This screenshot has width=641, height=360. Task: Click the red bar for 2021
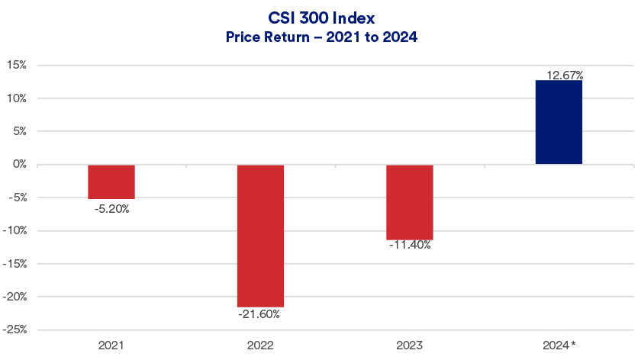pyautogui.click(x=111, y=182)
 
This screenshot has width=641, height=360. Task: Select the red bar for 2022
pyautogui.click(x=260, y=236)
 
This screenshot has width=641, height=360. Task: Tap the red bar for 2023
pyautogui.click(x=410, y=202)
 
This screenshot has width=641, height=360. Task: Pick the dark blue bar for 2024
pyautogui.click(x=559, y=122)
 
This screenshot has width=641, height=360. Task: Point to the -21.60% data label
pyautogui.click(x=261, y=313)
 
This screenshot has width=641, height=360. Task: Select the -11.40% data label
pyautogui.click(x=410, y=246)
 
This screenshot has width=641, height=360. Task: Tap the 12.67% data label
pyautogui.click(x=565, y=75)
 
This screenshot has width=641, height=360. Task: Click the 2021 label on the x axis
pyautogui.click(x=111, y=346)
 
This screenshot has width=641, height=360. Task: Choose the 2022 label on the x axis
pyautogui.click(x=260, y=346)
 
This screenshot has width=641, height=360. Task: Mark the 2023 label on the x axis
pyautogui.click(x=410, y=346)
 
